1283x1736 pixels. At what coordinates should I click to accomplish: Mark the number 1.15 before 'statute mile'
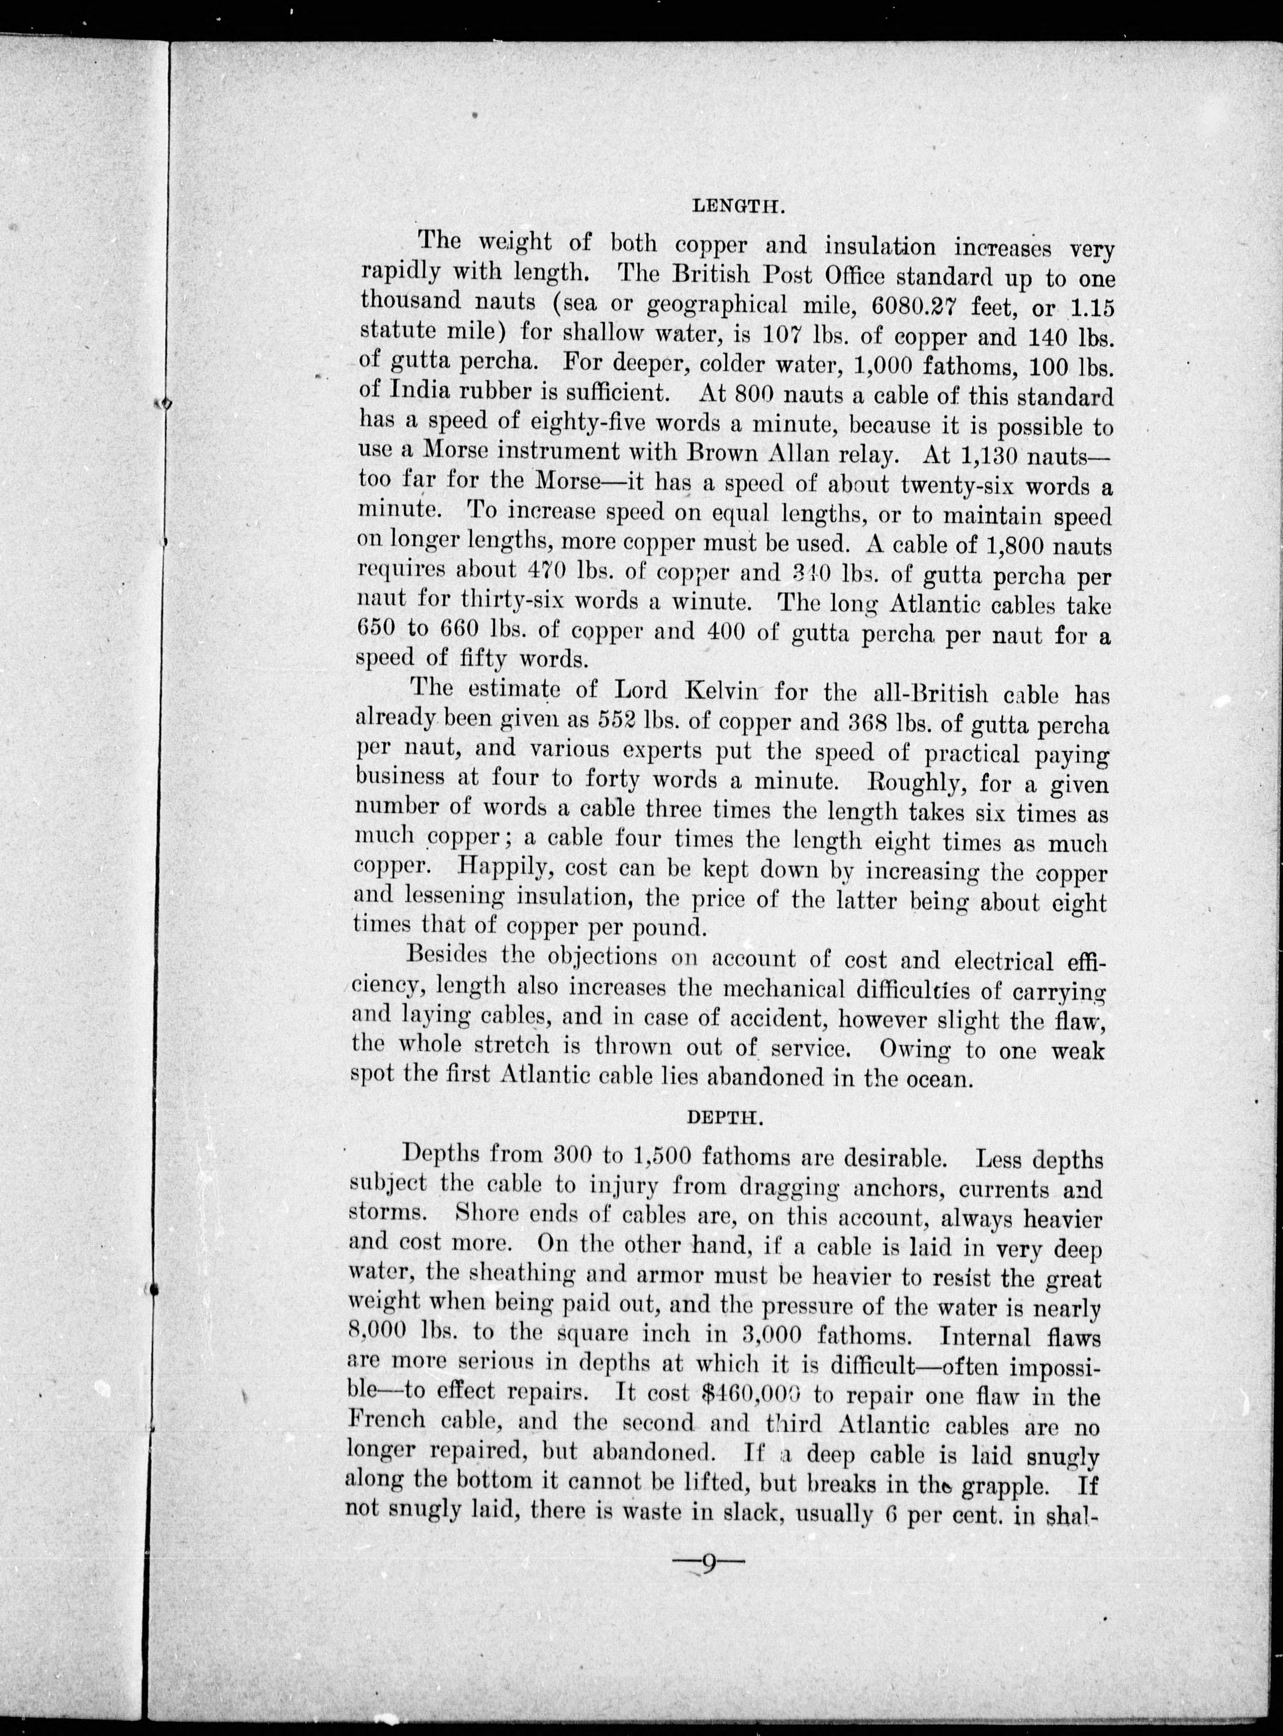(x=1090, y=308)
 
